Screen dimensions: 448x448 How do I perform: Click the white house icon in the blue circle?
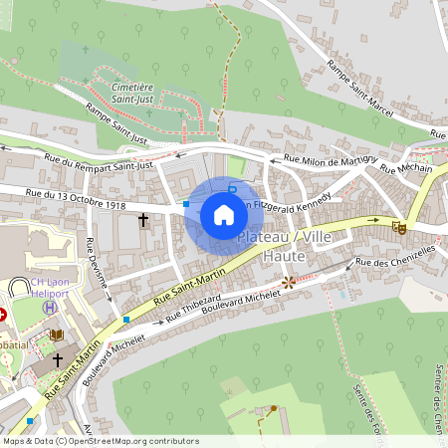[224, 215]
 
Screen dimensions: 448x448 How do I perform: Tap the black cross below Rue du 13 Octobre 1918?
[143, 218]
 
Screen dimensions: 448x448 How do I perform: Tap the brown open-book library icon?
[57, 335]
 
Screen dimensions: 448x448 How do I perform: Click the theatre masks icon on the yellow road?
[399, 227]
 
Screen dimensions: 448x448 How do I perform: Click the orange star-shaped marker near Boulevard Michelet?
[289, 283]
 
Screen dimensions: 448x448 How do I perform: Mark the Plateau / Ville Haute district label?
[287, 247]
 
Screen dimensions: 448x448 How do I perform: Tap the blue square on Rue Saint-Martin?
[125, 320]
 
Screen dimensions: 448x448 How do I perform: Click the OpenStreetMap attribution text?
[100, 441]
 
